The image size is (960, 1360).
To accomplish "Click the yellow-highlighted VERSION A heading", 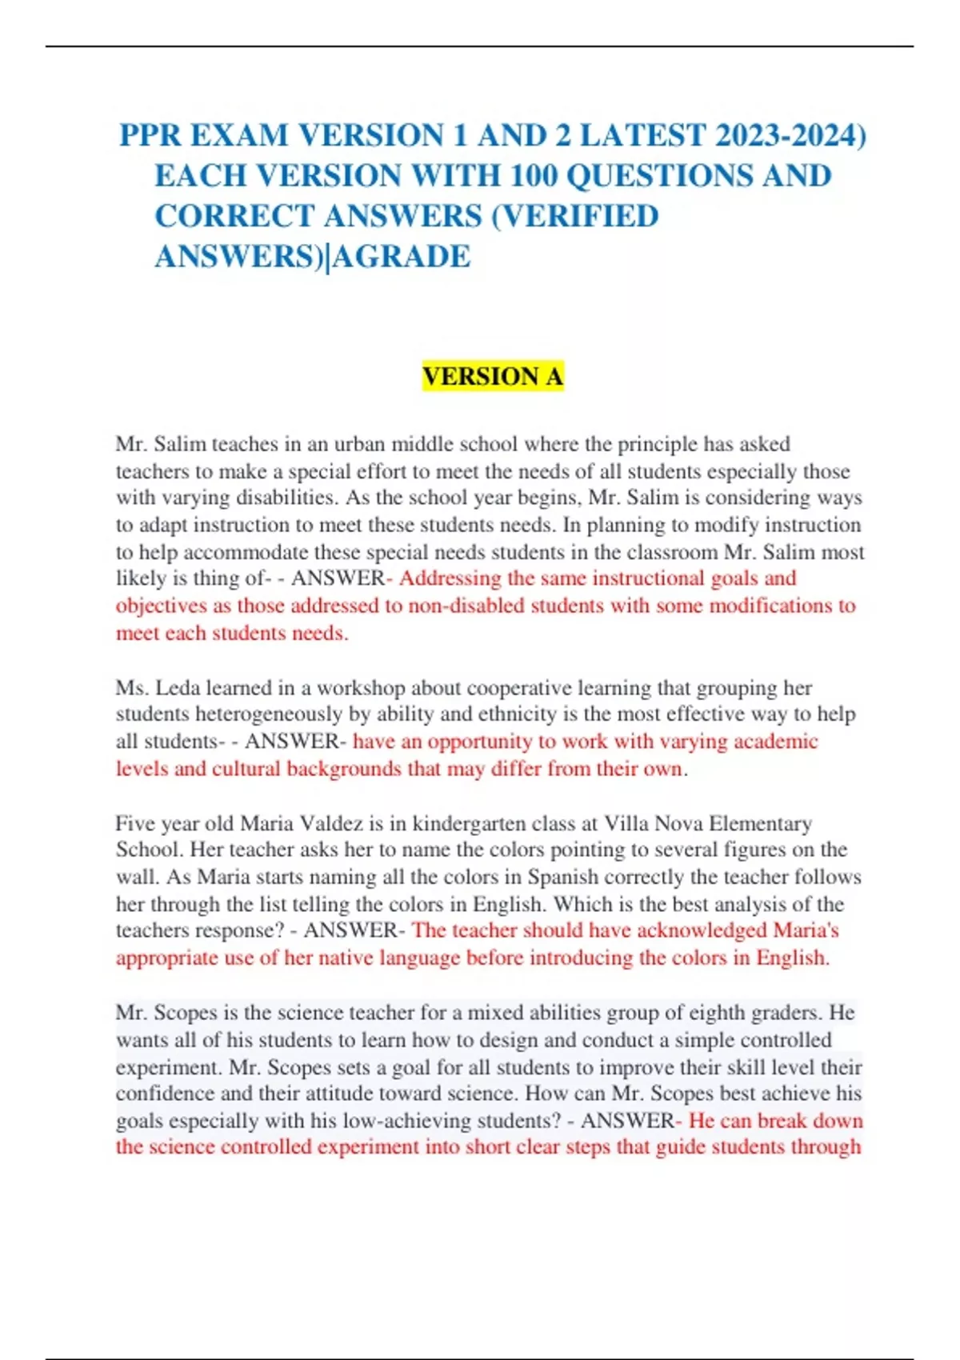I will [x=493, y=376].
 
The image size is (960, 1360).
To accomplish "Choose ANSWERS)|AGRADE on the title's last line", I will [x=312, y=257].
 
